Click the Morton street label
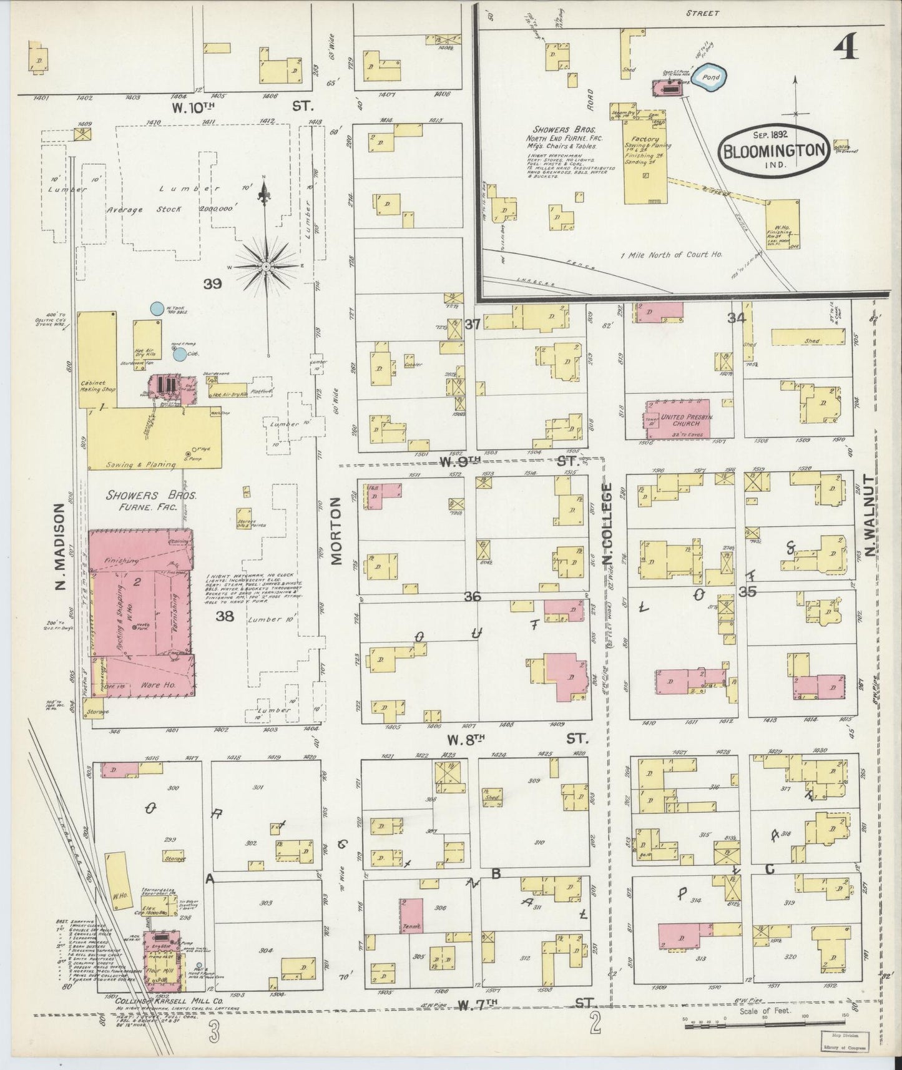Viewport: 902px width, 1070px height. pos(337,531)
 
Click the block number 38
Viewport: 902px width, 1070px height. pos(224,617)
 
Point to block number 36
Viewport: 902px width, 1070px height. pos(472,597)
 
